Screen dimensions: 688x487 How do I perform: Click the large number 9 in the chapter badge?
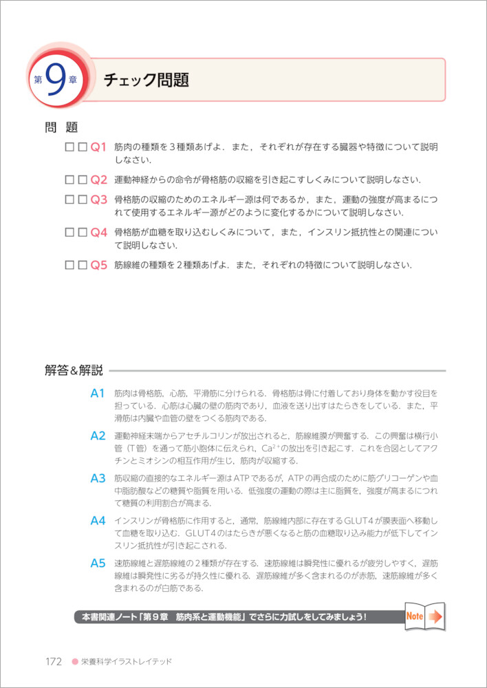(57, 78)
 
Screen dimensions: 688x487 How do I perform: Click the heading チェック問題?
(146, 80)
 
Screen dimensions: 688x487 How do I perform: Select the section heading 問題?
(61, 127)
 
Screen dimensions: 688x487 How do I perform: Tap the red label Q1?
(99, 147)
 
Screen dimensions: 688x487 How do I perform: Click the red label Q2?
(99, 180)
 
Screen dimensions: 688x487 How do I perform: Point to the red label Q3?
(99, 200)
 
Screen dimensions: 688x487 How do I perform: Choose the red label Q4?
(99, 233)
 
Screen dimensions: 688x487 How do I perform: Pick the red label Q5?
(99, 265)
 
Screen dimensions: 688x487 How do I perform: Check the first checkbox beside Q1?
(69, 147)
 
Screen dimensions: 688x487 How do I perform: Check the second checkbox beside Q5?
(83, 265)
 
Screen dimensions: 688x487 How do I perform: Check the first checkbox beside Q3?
(69, 200)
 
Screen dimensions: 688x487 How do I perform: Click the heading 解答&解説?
(74, 371)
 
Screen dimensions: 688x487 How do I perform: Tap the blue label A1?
(97, 394)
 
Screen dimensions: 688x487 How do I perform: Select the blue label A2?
(97, 436)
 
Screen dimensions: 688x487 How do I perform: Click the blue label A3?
(97, 478)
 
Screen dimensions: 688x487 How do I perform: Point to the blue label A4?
(97, 521)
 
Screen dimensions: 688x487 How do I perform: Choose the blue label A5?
(97, 563)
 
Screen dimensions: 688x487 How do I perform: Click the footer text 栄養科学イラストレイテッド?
(127, 662)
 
